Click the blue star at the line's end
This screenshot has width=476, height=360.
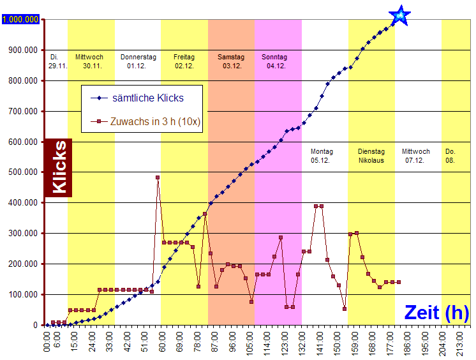coord(399,15)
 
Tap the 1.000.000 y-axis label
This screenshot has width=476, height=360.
coord(21,20)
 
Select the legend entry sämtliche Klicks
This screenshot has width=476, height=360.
coord(147,98)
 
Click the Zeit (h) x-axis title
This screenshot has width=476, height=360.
coord(436,312)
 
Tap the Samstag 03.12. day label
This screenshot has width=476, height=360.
coord(231,61)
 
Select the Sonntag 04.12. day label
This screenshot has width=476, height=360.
coord(275,61)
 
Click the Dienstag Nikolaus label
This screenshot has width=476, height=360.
coord(371,156)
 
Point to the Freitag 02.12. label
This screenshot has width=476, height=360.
coord(184,61)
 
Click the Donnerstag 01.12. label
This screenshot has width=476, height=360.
coord(138,61)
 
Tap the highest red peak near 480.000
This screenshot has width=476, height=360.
coord(158,177)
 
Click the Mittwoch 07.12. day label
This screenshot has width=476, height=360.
coord(415,156)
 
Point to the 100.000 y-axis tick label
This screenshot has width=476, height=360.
coord(24,294)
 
